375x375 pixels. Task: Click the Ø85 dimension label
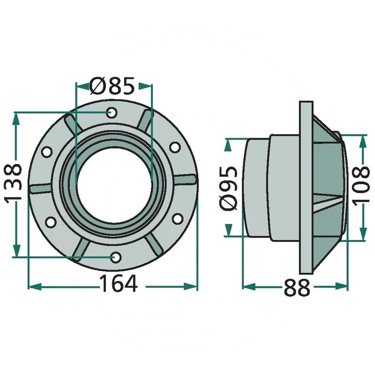pos(112,86)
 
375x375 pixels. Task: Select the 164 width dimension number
pos(119,284)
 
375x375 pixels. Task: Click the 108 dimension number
pos(361,186)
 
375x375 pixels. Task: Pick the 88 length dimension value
pos(297,288)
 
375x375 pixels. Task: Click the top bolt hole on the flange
pos(112,112)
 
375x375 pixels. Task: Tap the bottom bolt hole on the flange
pos(116,257)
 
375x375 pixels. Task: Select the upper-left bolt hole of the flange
pos(46,151)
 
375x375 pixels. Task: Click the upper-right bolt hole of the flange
pos(175,147)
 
